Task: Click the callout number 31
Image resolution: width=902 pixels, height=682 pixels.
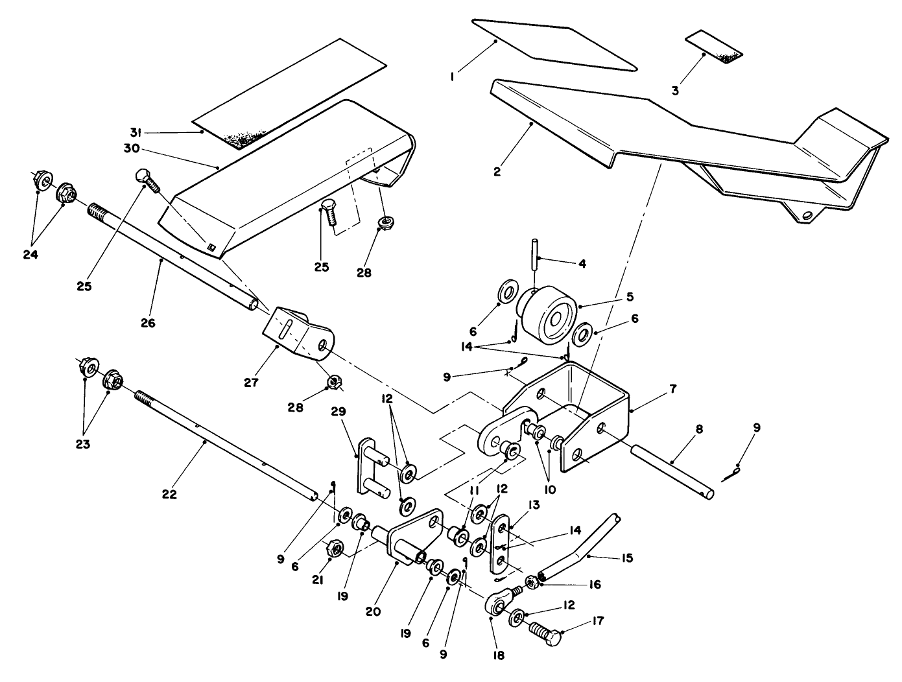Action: [135, 132]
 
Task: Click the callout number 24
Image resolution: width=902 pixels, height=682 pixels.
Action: [30, 255]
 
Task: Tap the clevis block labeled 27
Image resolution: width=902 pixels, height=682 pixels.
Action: [298, 334]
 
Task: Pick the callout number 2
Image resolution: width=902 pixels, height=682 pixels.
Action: [497, 172]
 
